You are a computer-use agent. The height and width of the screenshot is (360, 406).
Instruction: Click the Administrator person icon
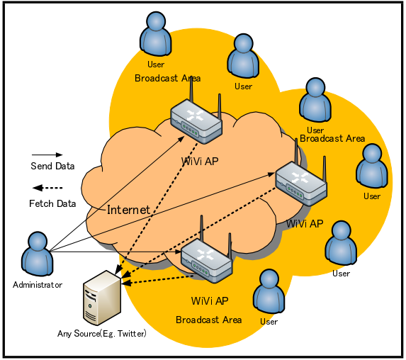[x=38, y=254]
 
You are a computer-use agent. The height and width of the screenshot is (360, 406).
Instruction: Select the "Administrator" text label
[x=38, y=285]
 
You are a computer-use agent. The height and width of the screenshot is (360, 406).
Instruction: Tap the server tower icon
[x=102, y=298]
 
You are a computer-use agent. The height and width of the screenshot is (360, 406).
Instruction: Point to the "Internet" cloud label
[x=128, y=210]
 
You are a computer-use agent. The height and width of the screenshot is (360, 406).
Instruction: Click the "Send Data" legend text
[x=52, y=166]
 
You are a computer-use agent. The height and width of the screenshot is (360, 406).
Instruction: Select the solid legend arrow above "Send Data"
[x=47, y=155]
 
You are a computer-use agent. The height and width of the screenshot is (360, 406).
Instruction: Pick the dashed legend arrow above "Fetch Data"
[x=47, y=188]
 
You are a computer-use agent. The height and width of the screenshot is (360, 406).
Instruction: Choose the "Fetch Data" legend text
[x=52, y=203]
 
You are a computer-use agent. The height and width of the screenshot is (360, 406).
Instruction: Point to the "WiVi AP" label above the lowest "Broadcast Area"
[x=210, y=301]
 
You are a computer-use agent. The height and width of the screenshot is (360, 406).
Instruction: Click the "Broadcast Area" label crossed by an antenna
[x=167, y=78]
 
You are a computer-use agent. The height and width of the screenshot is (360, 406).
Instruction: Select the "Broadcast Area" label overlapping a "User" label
[x=332, y=139]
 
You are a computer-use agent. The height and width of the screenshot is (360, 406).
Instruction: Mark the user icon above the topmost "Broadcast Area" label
[x=156, y=34]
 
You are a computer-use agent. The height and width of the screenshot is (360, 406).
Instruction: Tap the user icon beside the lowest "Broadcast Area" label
[x=269, y=291]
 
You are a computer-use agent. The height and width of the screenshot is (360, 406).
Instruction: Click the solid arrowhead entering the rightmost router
[x=271, y=174]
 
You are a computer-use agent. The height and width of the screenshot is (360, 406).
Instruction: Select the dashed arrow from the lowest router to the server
[x=157, y=280]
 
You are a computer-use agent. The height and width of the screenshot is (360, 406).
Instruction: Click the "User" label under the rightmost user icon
[x=372, y=196]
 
